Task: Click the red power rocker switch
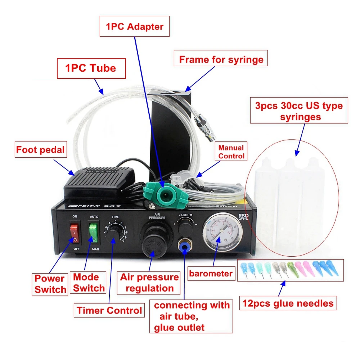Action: [x=75, y=233]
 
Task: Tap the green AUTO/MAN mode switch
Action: [x=93, y=233]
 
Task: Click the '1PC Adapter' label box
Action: [x=134, y=27]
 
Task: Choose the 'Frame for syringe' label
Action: [x=221, y=59]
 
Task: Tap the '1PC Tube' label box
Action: [x=91, y=68]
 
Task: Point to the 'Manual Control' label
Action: [x=231, y=152]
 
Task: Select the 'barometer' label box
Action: [x=211, y=274]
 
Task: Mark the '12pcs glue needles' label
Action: [x=288, y=303]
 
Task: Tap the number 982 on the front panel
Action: [x=112, y=206]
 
